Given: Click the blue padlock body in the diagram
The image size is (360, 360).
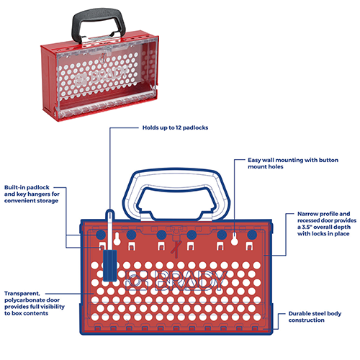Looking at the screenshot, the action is click(110, 265).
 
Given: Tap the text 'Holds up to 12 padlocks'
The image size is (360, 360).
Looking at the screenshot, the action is click(175, 127).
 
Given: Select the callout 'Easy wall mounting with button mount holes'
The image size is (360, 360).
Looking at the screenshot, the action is click(293, 163).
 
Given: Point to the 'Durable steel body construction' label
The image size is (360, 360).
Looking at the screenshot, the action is click(315, 317).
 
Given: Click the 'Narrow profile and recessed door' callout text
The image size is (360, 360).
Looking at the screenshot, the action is click(327, 224).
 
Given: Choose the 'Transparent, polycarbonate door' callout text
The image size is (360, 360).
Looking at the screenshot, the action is click(35, 303).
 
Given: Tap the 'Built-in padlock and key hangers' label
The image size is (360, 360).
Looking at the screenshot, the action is click(32, 194).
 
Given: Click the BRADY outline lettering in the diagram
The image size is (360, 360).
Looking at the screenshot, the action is click(191, 280).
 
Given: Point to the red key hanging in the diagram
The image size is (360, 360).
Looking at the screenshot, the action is click(176, 248).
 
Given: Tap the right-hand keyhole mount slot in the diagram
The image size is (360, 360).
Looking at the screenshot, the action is click(235, 239).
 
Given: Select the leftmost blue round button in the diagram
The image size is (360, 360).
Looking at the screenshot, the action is click(101, 235).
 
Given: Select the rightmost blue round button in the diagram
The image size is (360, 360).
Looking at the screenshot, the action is click(252, 235).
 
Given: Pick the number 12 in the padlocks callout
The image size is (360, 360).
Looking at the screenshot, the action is click(179, 127).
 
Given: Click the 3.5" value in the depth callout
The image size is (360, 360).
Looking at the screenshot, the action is click(307, 227).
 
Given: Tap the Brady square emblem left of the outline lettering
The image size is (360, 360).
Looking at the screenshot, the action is click(137, 280).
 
